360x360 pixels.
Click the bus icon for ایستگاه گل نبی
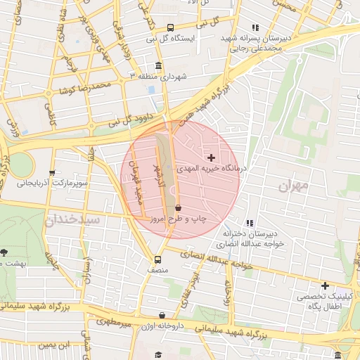pyautogui.click(x=171, y=28)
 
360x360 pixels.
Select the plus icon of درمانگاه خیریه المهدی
pyautogui.click(x=211, y=157)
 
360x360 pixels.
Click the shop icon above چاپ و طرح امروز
pyautogui.click(x=177, y=208)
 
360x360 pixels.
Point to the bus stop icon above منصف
pyautogui.click(x=157, y=259)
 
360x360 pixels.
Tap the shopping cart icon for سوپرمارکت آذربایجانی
pyautogui.click(x=51, y=173)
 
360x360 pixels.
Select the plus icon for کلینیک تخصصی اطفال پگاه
pyautogui.click(x=325, y=285)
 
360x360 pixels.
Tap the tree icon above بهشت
pyautogui.click(x=4, y=252)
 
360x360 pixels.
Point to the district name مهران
pyautogui.click(x=293, y=186)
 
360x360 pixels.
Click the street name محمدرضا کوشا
pyautogui.click(x=86, y=89)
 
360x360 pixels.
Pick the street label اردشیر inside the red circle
pyautogui.click(x=159, y=173)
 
